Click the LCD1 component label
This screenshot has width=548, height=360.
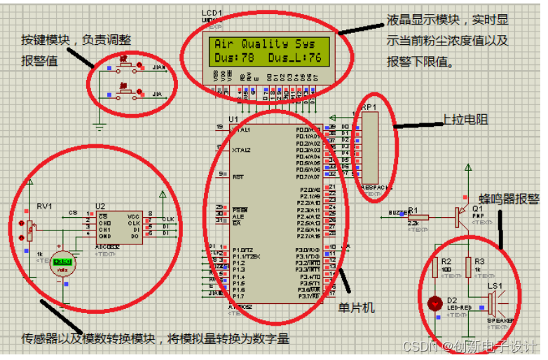(x=212, y=13)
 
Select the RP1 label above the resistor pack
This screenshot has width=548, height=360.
(x=369, y=107)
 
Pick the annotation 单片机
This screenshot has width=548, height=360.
(x=357, y=307)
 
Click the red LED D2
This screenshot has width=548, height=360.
(x=432, y=303)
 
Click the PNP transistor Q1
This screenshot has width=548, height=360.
(x=460, y=216)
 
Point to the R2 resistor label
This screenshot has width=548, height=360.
(x=446, y=261)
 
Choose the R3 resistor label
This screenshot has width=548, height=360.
(x=479, y=261)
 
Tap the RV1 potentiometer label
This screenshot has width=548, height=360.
(x=44, y=206)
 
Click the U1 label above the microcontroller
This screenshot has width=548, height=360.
(x=233, y=120)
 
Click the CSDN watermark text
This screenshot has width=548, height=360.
(x=417, y=347)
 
